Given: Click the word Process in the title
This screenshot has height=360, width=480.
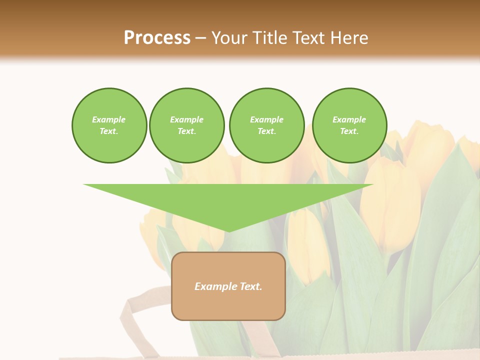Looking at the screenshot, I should coord(157,37).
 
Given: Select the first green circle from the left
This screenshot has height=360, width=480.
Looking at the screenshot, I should coord(109,125).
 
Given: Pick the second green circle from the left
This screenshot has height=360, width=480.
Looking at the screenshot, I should coord(186,125).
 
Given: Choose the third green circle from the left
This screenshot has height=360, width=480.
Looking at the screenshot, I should coord(266,125).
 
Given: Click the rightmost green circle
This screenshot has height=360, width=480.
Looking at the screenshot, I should coord(349,125).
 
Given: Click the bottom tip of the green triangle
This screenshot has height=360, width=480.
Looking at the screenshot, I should coord(228,230).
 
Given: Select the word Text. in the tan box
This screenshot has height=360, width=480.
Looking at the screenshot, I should coord(250,286).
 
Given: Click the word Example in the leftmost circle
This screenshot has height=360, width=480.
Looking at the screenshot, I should coord(109,119).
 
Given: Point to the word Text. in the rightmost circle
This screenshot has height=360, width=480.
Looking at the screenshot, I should coord(349,131).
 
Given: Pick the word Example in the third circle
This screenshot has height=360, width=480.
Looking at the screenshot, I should coord(266,119).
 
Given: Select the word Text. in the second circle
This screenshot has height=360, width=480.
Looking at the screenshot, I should coord(186,131).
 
